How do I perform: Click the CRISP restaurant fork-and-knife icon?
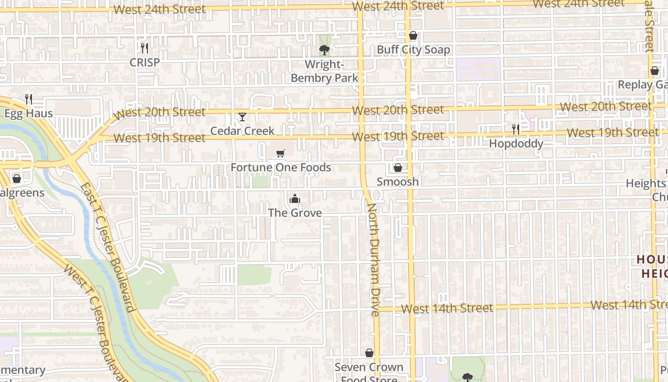point(145,48)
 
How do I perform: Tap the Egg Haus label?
point(28,114)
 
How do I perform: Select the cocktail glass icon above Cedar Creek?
point(242,117)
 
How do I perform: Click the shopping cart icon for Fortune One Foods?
point(281,153)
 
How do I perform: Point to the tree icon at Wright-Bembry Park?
point(324,50)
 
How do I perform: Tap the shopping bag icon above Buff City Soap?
point(413,36)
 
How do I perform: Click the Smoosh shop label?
point(397,181)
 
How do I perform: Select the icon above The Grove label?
point(295,199)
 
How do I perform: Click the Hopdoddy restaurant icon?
point(516,129)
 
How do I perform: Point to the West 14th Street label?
point(447,308)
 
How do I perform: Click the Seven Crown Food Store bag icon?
point(369,353)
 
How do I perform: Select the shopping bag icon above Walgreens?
point(17,179)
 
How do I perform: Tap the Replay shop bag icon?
point(655,71)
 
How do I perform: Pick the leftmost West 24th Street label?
point(160,9)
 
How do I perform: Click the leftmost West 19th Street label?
point(160,138)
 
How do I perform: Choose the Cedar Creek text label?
point(242,131)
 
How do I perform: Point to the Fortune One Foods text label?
point(281,168)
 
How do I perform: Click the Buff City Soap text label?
point(413,50)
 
